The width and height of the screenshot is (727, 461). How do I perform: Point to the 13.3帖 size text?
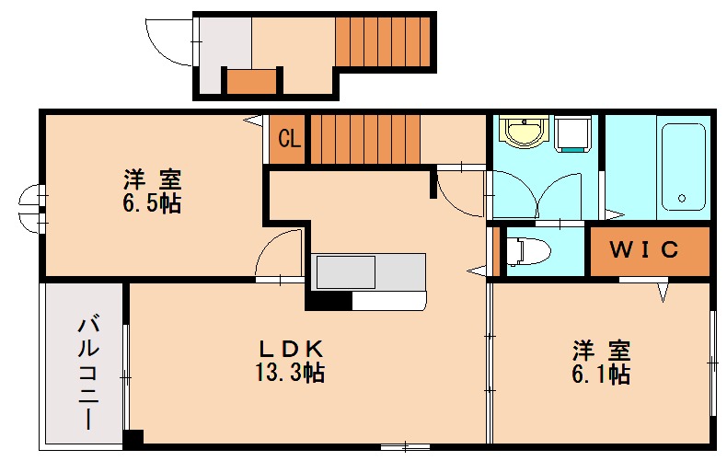[290, 373]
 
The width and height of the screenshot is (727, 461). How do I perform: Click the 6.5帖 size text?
[153, 203]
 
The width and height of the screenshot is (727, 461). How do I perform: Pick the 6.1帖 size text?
[602, 374]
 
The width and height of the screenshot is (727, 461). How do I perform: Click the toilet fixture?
[529, 250]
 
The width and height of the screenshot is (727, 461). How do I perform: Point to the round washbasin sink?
[525, 133]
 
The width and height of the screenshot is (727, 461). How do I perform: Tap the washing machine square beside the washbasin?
[571, 134]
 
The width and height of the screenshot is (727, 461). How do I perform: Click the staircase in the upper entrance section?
[383, 41]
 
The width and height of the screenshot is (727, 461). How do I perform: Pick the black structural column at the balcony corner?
[133, 441]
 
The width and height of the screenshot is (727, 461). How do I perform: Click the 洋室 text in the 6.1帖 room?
[602, 351]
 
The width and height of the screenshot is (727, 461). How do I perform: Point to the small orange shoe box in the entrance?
[251, 82]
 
